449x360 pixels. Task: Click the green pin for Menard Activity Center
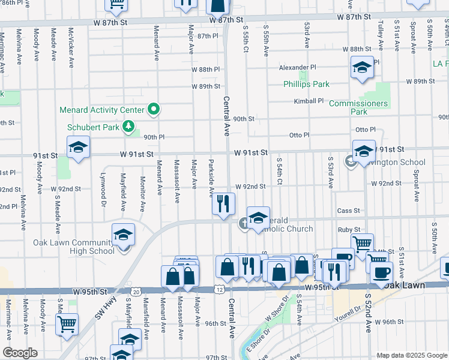tap(154, 109)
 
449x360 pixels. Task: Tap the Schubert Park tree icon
tap(127, 126)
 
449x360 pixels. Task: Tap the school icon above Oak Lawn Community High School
tap(123, 235)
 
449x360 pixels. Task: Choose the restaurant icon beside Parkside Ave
tap(221, 204)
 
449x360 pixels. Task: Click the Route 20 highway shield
tap(136, 292)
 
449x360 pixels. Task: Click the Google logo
tap(20, 353)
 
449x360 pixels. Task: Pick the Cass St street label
tap(348, 211)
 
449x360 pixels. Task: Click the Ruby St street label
tap(349, 229)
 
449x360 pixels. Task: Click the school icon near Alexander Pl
tap(362, 68)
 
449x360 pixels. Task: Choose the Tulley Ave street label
tap(381, 34)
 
